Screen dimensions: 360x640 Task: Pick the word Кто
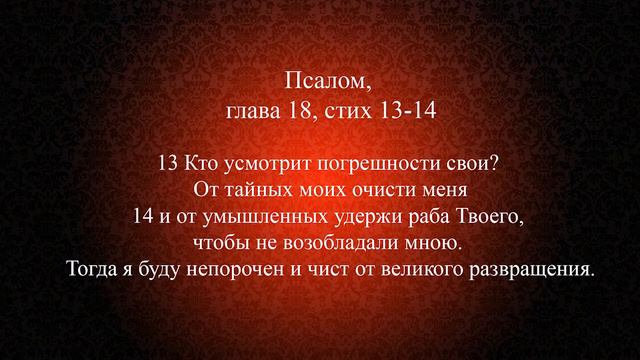pyautogui.click(x=200, y=162)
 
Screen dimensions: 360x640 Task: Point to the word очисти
pyautogui.click(x=370, y=189)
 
